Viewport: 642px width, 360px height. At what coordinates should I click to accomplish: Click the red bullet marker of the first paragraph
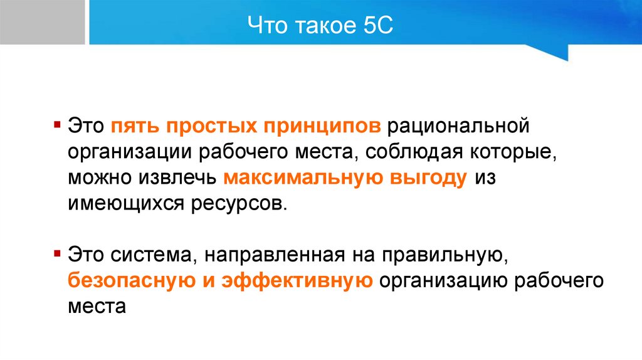pyautogui.click(x=57, y=122)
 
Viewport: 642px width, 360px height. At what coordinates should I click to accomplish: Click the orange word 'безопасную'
pyautogui.click(x=131, y=281)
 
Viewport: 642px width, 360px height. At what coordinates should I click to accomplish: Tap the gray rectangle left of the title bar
pyautogui.click(x=42, y=22)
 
